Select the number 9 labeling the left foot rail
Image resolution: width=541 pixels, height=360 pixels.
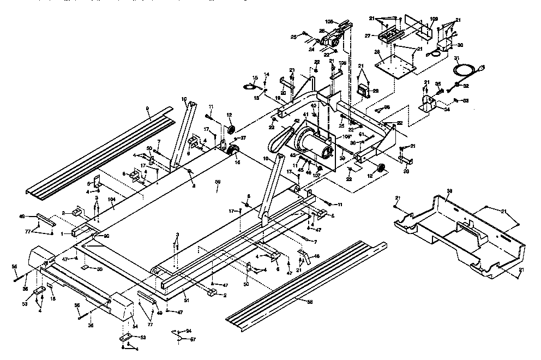click(147, 109)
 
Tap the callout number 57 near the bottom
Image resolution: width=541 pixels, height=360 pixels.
click(192, 339)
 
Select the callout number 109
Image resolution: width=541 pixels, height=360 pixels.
click(434, 19)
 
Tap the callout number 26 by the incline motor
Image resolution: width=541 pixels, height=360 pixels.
click(322, 31)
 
